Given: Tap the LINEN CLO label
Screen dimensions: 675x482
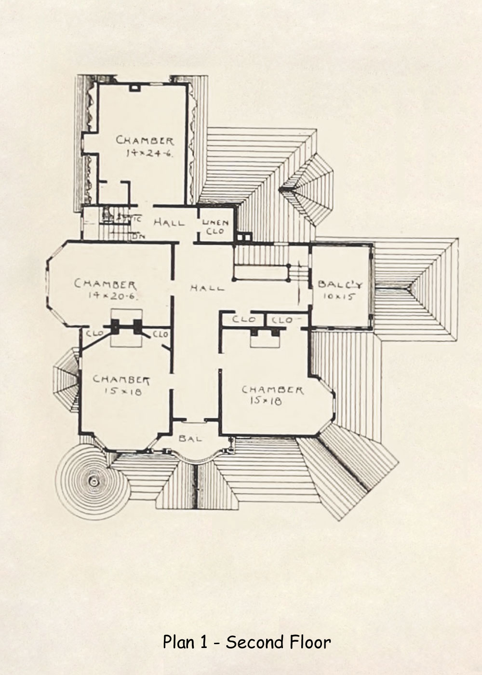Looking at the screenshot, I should (x=215, y=227).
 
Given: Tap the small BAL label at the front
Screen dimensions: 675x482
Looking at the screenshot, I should (x=190, y=439).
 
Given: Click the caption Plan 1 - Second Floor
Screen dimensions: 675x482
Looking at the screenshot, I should (x=246, y=642).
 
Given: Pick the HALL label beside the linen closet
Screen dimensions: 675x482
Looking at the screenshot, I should (x=169, y=223).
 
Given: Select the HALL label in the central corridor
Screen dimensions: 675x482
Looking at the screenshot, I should (x=207, y=288).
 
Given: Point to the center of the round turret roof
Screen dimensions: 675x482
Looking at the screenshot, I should (x=93, y=480).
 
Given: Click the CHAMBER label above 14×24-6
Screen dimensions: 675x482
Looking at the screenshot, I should (x=145, y=141).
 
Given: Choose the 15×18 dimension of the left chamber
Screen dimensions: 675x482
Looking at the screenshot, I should (x=122, y=391).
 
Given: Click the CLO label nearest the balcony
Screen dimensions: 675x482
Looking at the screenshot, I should (x=282, y=320).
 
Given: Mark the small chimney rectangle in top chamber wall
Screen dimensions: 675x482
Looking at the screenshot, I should (x=135, y=88).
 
